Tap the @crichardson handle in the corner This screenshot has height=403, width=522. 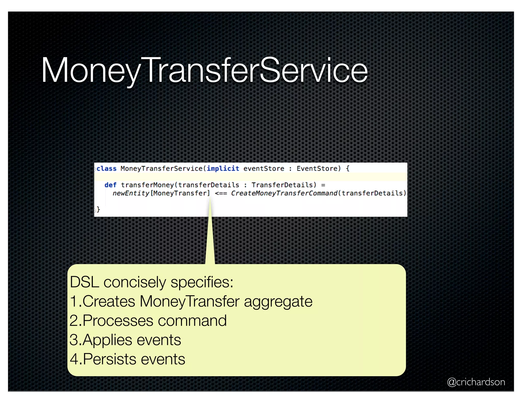[x=476, y=382]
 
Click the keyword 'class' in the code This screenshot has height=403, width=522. [x=107, y=169]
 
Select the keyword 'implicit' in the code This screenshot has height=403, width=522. [x=223, y=169]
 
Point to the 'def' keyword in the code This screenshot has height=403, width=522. [x=110, y=185]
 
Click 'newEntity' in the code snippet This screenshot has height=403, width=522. [x=131, y=193]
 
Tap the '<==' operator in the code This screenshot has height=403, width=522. [x=221, y=194]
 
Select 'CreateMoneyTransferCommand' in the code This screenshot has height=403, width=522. [x=284, y=193]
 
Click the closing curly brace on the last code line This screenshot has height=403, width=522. [x=98, y=209]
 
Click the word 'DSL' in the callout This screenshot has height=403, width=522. [x=84, y=282]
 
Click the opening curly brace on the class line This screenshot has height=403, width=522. [x=348, y=169]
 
